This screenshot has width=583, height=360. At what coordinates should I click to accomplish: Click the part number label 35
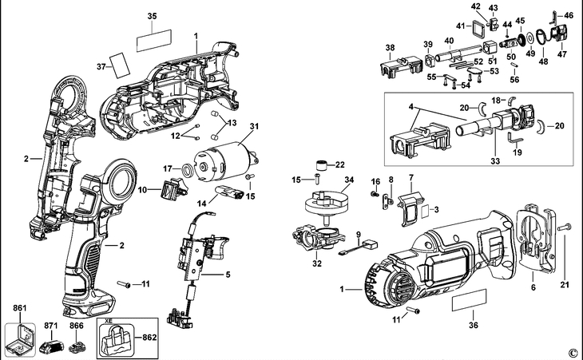(x=152, y=15)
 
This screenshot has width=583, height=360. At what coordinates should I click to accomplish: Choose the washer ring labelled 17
(x=186, y=169)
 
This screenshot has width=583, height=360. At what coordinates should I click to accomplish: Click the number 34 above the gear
(x=326, y=181)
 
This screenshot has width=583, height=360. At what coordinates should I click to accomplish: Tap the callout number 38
(x=390, y=48)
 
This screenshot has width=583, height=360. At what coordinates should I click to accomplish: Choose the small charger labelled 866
(x=77, y=348)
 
